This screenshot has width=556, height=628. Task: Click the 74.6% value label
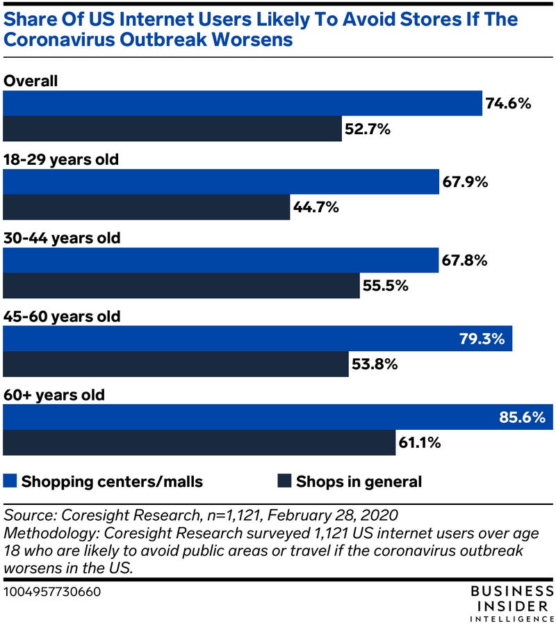(x=509, y=104)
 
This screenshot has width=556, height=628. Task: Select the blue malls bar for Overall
(x=243, y=104)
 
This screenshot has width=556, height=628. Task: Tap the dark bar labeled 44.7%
(x=147, y=207)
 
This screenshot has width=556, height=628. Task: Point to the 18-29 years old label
(x=62, y=159)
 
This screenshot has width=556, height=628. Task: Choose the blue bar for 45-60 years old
(x=258, y=339)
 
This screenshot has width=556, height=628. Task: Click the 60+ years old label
(x=55, y=396)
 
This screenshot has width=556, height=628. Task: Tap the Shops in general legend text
(x=359, y=481)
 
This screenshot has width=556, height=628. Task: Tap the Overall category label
(x=31, y=80)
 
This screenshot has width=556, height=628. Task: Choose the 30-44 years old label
(x=63, y=238)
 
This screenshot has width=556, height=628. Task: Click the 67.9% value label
(x=465, y=183)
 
